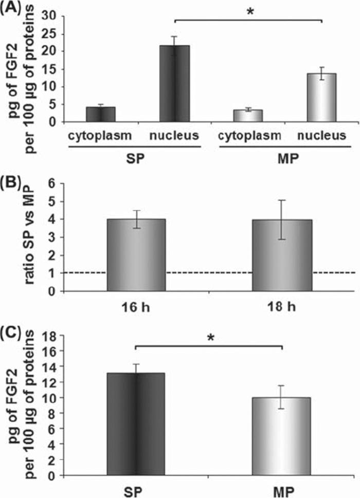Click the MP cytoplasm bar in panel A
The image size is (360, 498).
[x=248, y=116]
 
